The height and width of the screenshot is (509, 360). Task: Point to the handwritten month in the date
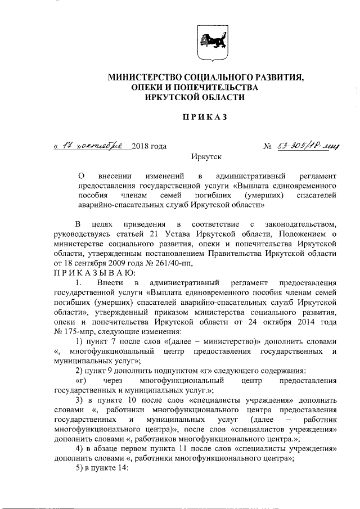[x=106, y=146]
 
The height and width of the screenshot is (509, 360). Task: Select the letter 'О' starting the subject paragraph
[x=80, y=175]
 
